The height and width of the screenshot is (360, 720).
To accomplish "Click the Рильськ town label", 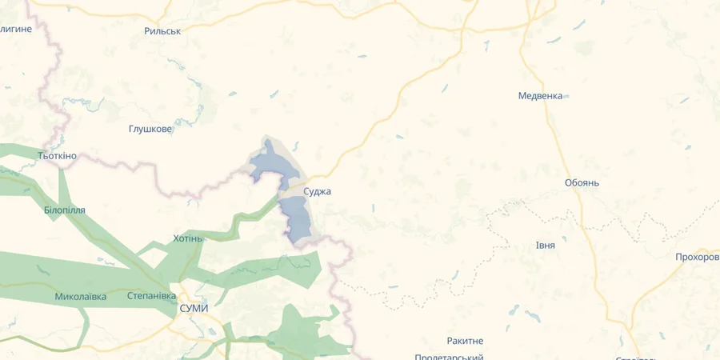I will [x=162, y=31].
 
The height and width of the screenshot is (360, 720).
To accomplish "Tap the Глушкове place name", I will [x=150, y=129].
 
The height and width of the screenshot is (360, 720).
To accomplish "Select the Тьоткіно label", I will [x=58, y=155].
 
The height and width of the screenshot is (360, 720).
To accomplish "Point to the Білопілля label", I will [x=65, y=210].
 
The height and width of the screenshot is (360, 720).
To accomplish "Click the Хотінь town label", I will [x=189, y=238].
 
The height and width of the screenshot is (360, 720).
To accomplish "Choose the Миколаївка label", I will [x=81, y=297].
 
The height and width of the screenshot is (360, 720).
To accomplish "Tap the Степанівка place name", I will [x=152, y=296].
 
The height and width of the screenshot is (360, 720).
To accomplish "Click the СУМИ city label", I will [x=194, y=308].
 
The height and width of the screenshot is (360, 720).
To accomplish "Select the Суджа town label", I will [x=317, y=192].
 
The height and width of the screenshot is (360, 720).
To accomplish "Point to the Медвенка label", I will [x=540, y=96].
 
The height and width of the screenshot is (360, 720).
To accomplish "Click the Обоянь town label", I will [x=582, y=182].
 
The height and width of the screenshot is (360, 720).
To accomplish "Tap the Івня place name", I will [x=546, y=245].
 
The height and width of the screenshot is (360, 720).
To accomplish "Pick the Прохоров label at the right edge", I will [x=697, y=257].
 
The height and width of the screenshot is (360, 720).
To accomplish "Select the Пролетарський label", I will [x=449, y=357].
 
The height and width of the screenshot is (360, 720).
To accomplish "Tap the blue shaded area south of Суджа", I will [x=298, y=218].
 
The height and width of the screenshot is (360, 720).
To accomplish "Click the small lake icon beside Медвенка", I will [x=566, y=97].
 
